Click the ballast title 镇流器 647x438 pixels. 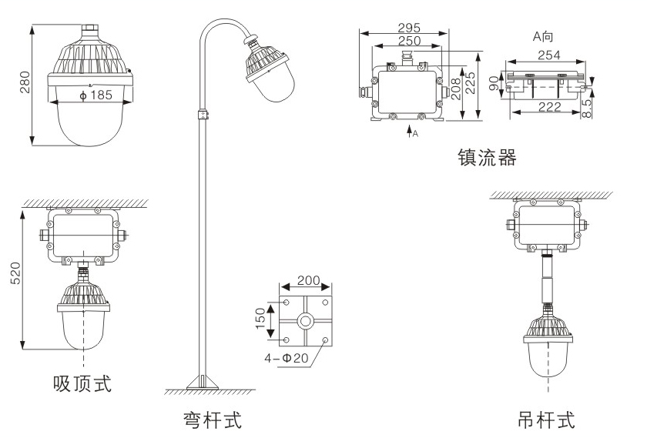(485, 159)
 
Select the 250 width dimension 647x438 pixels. (409, 41)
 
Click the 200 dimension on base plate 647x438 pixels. (307, 281)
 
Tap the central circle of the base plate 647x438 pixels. (306, 322)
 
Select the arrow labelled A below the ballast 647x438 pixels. (410, 132)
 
